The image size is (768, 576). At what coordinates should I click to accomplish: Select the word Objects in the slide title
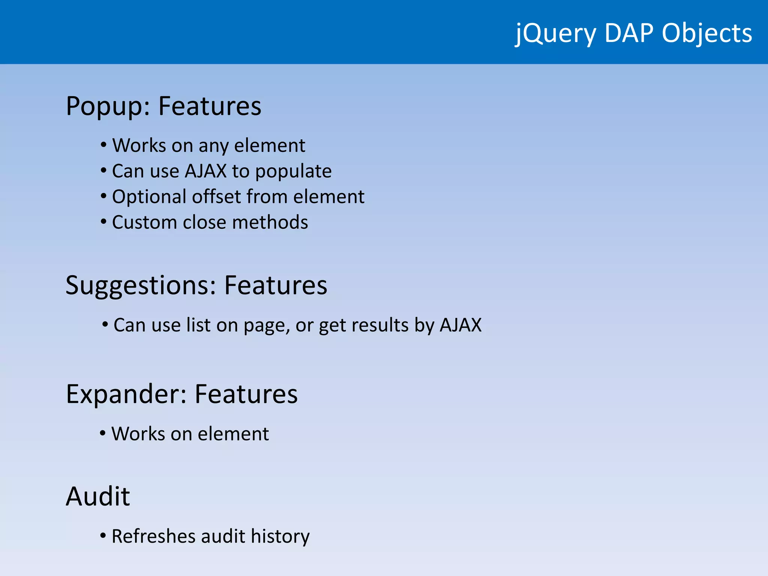[707, 34]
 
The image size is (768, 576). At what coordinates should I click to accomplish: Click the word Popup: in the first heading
[108, 106]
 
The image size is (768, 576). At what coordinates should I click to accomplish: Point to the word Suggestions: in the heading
[141, 286]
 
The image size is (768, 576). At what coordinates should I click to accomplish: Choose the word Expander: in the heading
[126, 394]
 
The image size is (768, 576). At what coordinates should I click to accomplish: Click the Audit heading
[98, 496]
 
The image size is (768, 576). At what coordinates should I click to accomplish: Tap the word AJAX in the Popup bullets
[206, 171]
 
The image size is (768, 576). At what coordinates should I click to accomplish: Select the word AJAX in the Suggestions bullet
[460, 325]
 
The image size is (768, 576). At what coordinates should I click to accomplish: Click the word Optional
[149, 197]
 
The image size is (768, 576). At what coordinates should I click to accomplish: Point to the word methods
[270, 222]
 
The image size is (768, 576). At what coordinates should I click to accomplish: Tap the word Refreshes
[153, 536]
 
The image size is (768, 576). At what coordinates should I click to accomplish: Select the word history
[280, 536]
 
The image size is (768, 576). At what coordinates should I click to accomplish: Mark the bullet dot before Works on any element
[103, 145]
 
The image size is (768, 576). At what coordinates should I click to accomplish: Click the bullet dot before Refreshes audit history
[103, 535]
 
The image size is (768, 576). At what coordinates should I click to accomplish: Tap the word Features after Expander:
[246, 394]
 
